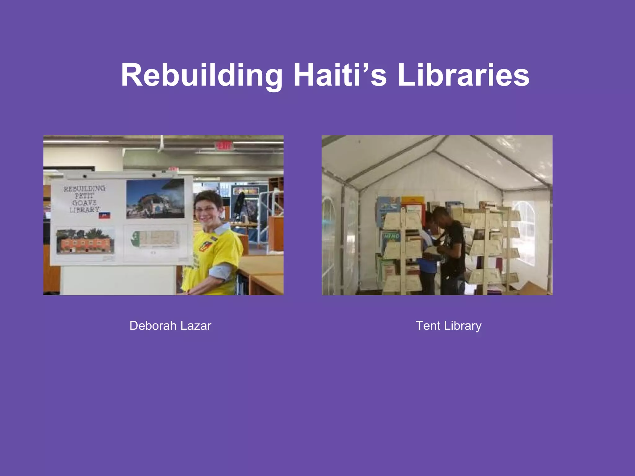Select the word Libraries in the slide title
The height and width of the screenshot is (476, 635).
463,75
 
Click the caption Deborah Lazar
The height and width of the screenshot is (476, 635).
170,326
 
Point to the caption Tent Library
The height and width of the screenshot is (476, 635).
448,326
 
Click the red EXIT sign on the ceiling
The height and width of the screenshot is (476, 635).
224,145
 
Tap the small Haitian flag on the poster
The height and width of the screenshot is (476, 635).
104,215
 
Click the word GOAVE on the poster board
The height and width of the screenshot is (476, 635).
84,203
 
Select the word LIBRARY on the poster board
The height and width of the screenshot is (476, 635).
84,210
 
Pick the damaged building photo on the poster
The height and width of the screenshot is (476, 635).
155,199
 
